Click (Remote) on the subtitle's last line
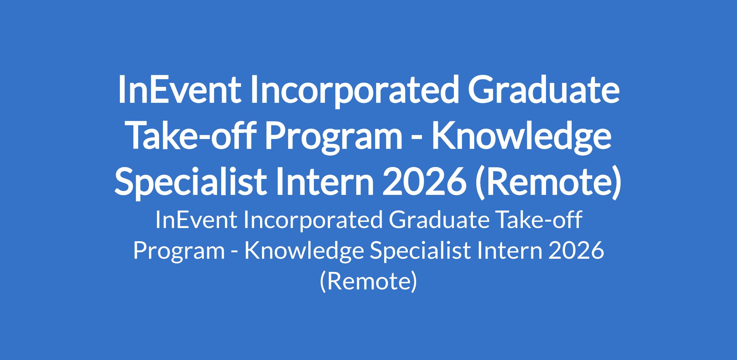click(368, 282)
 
